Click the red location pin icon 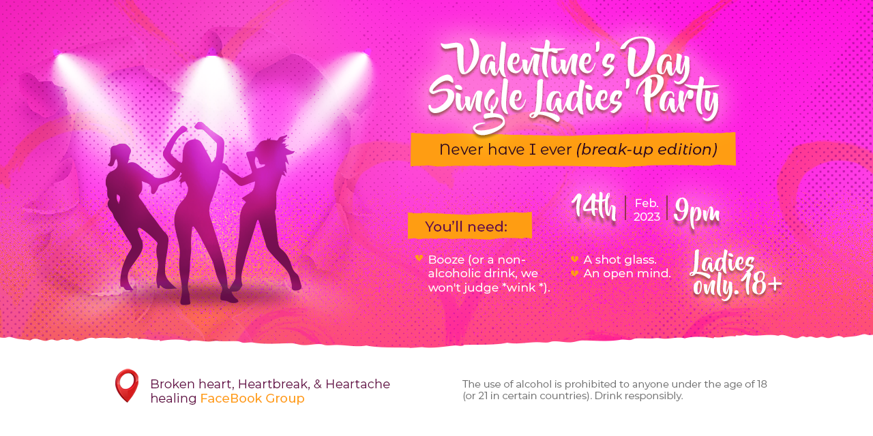pyautogui.click(x=127, y=386)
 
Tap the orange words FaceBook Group pyautogui.click(x=252, y=399)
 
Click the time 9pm pyautogui.click(x=696, y=211)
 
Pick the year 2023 pyautogui.click(x=647, y=217)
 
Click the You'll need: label pyautogui.click(x=466, y=227)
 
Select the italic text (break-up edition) pyautogui.click(x=647, y=149)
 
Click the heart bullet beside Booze pyautogui.click(x=419, y=258)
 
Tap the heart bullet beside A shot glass pyautogui.click(x=574, y=259)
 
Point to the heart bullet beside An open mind pyautogui.click(x=574, y=273)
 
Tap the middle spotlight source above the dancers pyautogui.click(x=212, y=54)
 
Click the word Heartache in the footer pyautogui.click(x=357, y=384)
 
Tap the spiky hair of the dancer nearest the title pyautogui.click(x=275, y=146)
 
